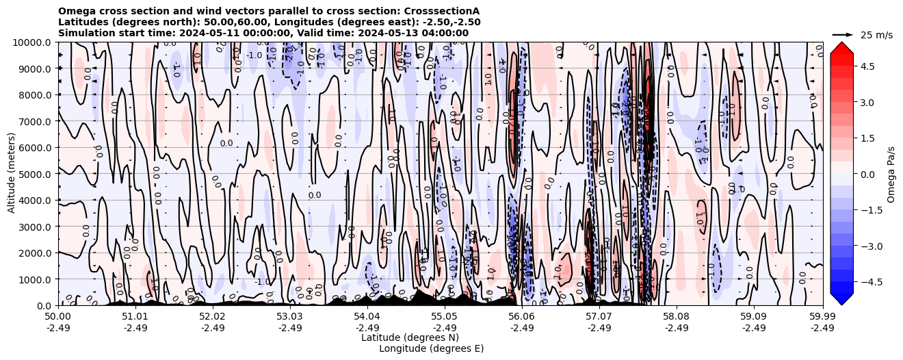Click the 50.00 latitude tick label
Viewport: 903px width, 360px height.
click(58, 316)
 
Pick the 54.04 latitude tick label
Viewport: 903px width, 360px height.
click(367, 316)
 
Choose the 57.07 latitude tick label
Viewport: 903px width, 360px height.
click(599, 316)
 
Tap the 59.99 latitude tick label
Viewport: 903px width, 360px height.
click(822, 316)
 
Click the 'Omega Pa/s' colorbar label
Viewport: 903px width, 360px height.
click(891, 174)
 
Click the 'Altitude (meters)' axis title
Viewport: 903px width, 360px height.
click(12, 174)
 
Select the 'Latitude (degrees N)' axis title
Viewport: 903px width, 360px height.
click(410, 337)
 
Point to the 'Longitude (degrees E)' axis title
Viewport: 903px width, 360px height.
click(431, 348)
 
